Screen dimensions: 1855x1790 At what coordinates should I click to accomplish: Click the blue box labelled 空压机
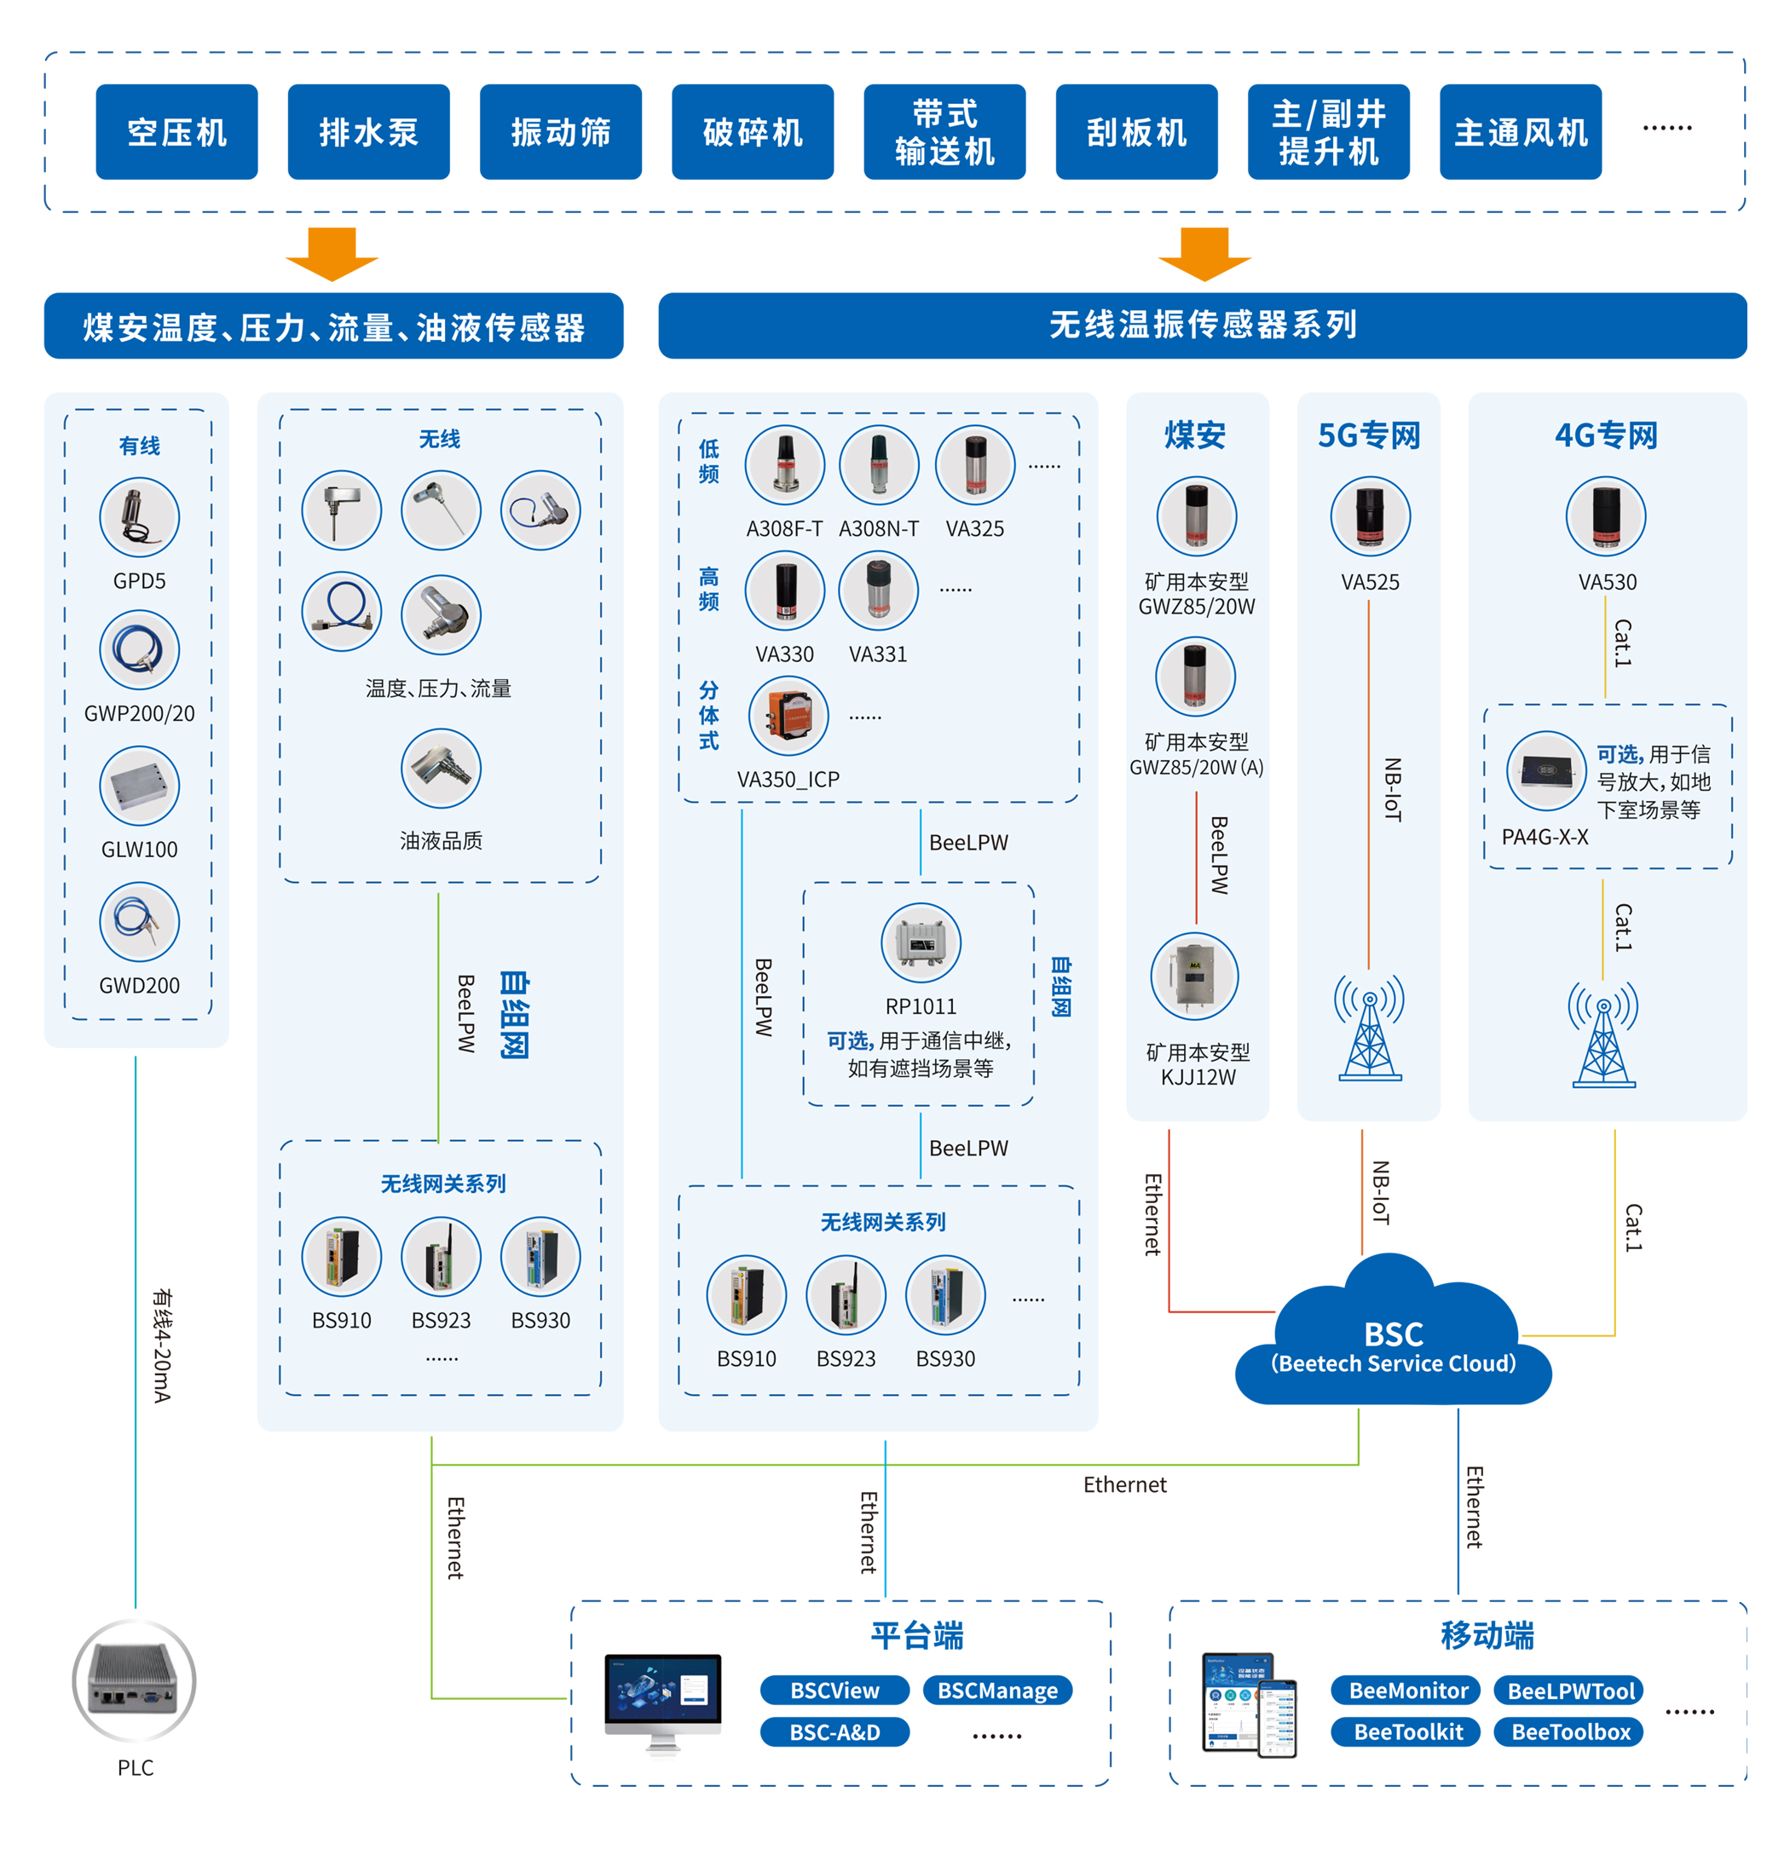176,131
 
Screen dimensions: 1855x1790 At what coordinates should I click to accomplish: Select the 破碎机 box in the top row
752,131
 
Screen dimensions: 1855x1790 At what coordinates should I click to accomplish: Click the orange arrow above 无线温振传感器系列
1204,254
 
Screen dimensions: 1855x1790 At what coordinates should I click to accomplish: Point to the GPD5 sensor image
139,516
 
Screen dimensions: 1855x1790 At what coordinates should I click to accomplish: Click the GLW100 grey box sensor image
139,786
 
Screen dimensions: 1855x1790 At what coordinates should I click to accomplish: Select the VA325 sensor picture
974,464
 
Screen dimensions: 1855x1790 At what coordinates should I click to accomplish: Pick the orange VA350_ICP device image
788,716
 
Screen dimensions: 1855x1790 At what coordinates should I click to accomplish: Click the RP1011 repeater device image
920,942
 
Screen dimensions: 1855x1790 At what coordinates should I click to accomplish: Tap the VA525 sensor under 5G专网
1369,516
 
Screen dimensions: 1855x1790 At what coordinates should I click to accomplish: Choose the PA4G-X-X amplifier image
1545,770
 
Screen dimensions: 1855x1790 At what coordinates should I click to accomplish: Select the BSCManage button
996,1691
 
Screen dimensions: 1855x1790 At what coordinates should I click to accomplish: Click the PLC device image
135,1681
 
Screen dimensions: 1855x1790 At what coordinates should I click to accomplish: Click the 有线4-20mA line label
162,1345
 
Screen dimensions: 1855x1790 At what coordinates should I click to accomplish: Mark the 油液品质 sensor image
440,768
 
